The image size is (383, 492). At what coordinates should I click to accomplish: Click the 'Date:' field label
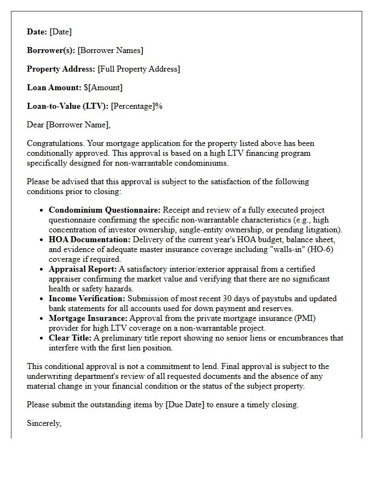[37, 32]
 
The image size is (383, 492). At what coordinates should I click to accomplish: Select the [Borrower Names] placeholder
[111, 51]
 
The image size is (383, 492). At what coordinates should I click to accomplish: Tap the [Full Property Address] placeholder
[139, 69]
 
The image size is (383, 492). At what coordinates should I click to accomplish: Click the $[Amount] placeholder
[103, 87]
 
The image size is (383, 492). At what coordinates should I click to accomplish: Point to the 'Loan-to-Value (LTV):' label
[68, 106]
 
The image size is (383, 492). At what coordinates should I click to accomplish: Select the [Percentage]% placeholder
[137, 106]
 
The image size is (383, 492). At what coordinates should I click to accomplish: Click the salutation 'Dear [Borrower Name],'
[68, 125]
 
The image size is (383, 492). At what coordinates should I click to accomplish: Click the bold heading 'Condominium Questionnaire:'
[105, 210]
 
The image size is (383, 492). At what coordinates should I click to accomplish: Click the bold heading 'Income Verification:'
[87, 298]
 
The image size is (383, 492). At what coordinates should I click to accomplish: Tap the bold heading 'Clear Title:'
[70, 338]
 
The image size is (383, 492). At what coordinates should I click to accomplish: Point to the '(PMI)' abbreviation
[305, 318]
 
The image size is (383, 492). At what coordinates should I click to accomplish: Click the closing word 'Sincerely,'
[44, 423]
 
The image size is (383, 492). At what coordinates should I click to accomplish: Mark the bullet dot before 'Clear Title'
[42, 338]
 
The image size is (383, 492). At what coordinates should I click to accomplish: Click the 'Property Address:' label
[61, 69]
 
